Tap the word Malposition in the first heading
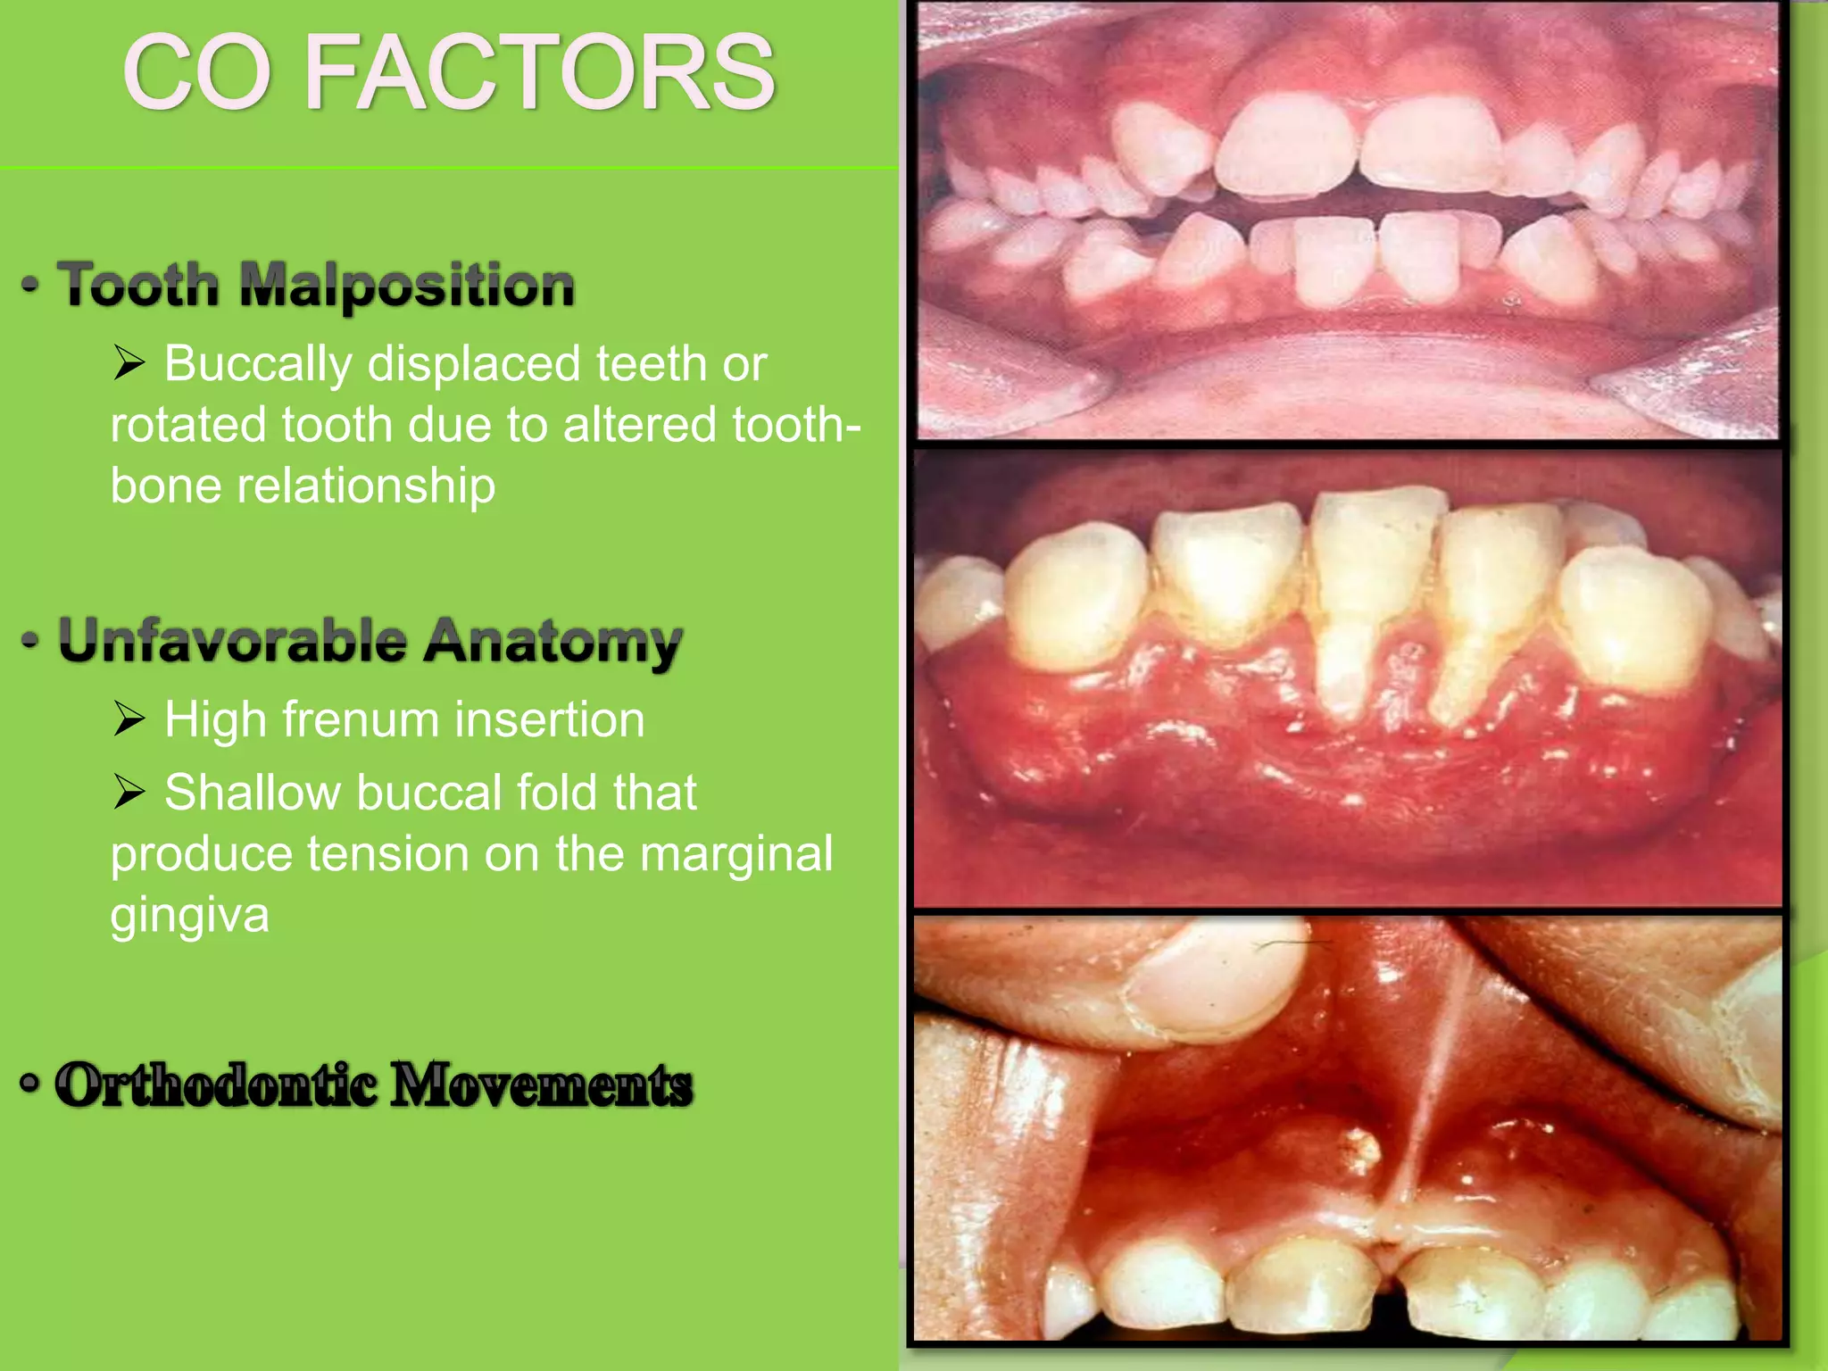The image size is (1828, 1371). [x=407, y=286]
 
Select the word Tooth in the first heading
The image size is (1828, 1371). [x=138, y=286]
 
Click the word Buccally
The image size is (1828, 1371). [x=258, y=364]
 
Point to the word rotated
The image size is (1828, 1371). [x=187, y=425]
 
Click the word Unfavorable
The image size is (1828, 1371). [x=232, y=641]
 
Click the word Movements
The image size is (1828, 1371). [x=542, y=1085]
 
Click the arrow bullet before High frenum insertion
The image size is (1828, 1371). [x=129, y=719]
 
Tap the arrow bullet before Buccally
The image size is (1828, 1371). [x=129, y=363]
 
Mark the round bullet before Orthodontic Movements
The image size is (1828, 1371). [x=30, y=1084]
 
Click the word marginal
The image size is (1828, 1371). [x=737, y=854]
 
